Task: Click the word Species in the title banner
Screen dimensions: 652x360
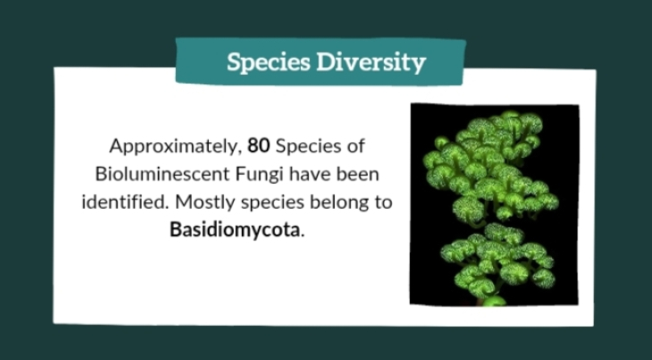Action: click(x=269, y=63)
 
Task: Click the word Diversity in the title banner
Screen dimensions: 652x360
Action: click(x=372, y=63)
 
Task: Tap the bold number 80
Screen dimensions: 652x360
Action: click(x=259, y=146)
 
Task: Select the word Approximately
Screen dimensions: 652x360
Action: click(x=174, y=147)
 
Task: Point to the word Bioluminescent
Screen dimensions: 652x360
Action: click(x=163, y=174)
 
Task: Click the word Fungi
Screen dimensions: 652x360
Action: click(x=259, y=174)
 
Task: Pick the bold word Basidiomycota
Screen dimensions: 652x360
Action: click(x=235, y=230)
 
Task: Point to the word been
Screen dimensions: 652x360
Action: click(x=358, y=174)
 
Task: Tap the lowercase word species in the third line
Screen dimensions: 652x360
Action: click(x=272, y=204)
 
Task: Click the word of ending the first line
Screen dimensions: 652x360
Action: click(x=355, y=146)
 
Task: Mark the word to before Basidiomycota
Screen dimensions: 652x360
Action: click(x=382, y=203)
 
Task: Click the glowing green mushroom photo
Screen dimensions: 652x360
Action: click(x=495, y=205)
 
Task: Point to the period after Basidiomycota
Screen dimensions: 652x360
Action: click(x=302, y=235)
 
